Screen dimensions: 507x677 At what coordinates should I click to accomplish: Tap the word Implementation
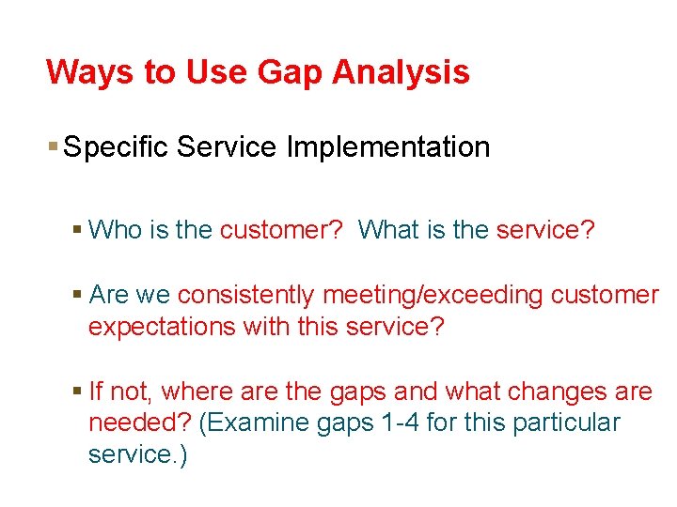[388, 147]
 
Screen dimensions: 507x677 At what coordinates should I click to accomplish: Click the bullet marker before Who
[77, 229]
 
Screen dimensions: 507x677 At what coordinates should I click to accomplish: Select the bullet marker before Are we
[77, 295]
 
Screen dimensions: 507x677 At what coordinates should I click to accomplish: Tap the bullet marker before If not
[77, 391]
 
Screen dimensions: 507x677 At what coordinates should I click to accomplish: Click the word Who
[115, 229]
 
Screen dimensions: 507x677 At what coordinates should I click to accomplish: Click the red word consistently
[245, 295]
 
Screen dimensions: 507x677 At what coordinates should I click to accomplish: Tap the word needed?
[139, 422]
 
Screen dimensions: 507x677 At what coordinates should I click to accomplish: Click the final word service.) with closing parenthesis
[137, 454]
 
